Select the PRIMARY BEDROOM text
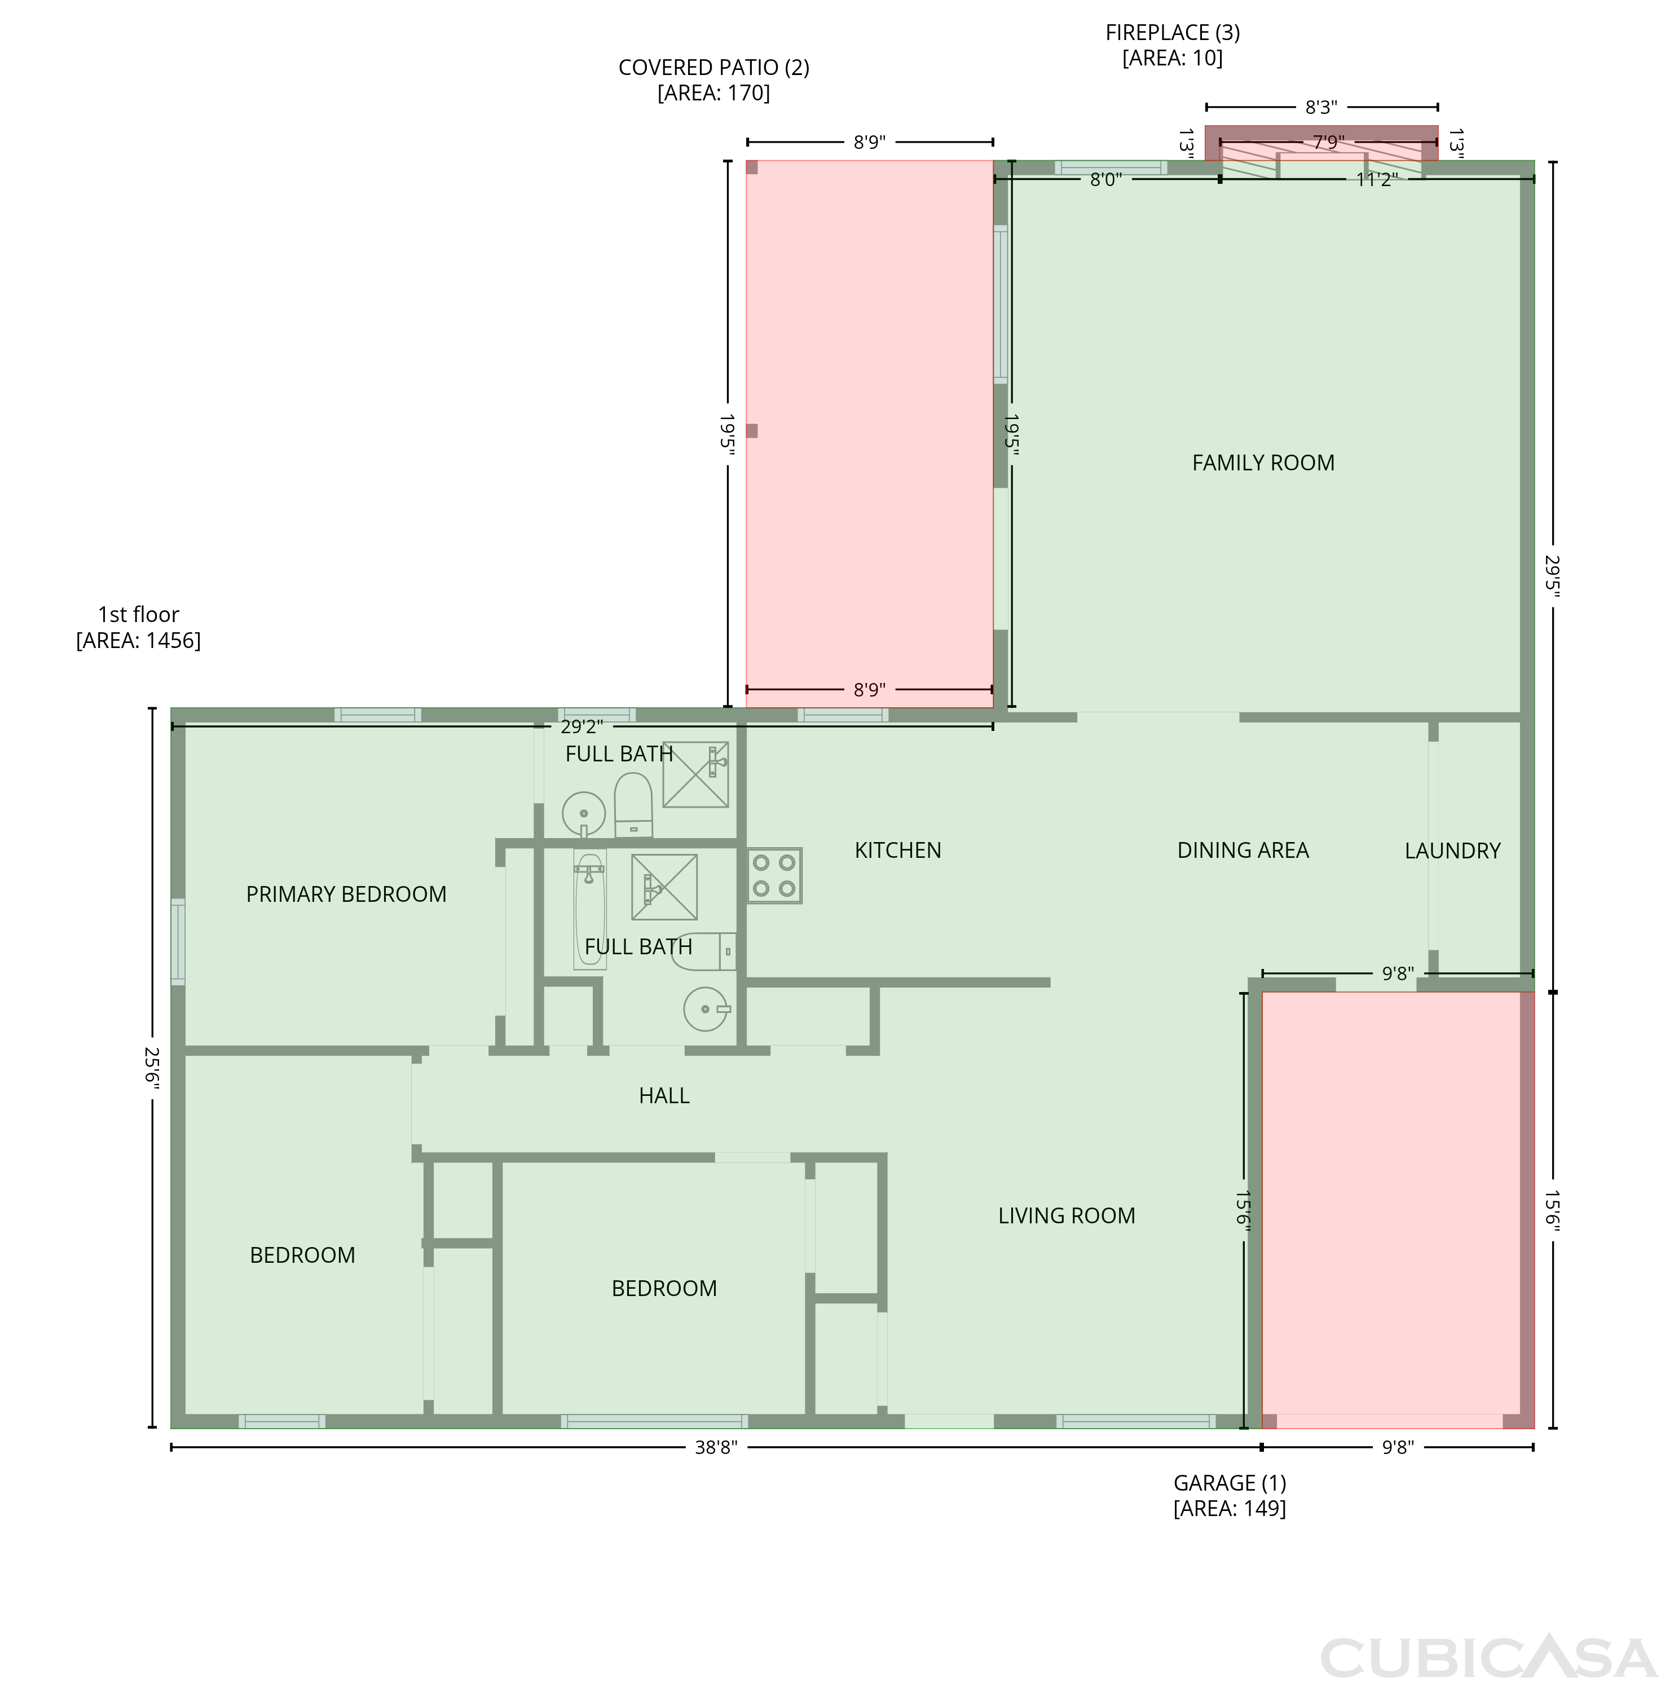pos(346,894)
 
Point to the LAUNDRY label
pos(1452,851)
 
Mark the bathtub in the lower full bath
pos(589,909)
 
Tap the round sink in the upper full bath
pos(583,814)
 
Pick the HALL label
pos(664,1096)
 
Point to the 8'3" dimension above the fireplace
pos(1321,107)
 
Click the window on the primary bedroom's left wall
pos(178,941)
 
